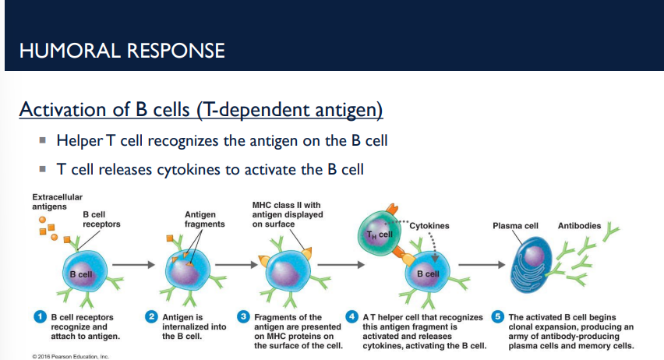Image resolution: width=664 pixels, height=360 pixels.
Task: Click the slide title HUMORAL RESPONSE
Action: tap(122, 51)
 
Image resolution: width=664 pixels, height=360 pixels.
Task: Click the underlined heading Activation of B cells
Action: tap(200, 110)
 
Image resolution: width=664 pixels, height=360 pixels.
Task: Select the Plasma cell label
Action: tap(515, 226)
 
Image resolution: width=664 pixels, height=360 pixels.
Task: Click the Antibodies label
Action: tap(579, 226)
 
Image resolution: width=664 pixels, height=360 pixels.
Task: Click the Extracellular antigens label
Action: tap(57, 202)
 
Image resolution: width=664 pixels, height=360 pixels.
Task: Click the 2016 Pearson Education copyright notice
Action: tap(70, 355)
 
